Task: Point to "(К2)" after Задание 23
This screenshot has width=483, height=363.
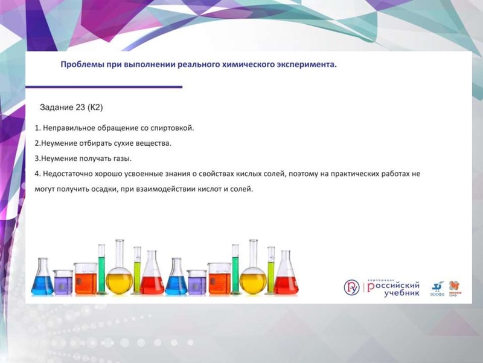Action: point(95,108)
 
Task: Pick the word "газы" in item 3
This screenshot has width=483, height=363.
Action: point(121,159)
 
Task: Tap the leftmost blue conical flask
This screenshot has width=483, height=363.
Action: point(42,278)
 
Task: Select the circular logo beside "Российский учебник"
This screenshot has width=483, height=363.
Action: point(351,287)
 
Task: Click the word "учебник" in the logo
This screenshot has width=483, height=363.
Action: point(397,292)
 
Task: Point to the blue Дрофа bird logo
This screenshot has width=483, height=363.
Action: point(437,287)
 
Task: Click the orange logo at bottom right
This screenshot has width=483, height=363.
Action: point(455,286)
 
